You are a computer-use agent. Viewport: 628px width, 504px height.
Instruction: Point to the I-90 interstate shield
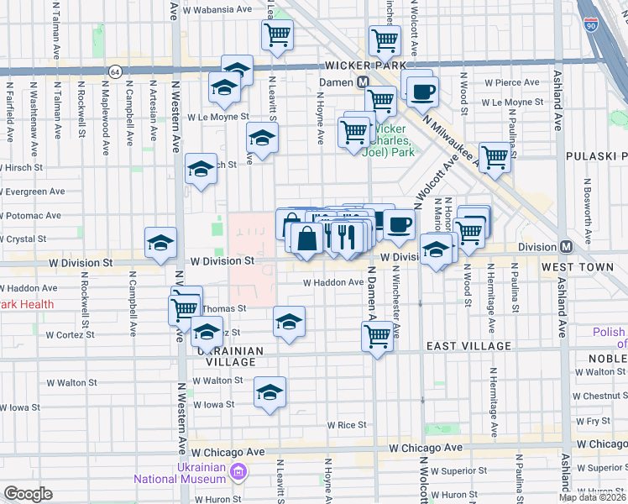[x=592, y=26]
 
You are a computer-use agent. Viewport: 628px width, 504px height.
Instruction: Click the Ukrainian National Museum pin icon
[x=239, y=473]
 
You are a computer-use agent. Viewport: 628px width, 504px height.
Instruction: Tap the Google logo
[x=28, y=494]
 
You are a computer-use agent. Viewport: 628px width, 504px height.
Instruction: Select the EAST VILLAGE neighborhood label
[x=468, y=346]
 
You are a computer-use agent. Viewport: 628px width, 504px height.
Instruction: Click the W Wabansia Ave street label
[x=217, y=9]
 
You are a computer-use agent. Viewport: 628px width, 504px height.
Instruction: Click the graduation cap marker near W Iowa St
[x=270, y=392]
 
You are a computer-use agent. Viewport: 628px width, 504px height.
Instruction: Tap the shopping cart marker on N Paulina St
[x=495, y=156]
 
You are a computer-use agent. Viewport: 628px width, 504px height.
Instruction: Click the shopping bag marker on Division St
[x=307, y=238]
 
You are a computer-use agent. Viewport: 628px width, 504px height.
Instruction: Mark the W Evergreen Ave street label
[x=34, y=192]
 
